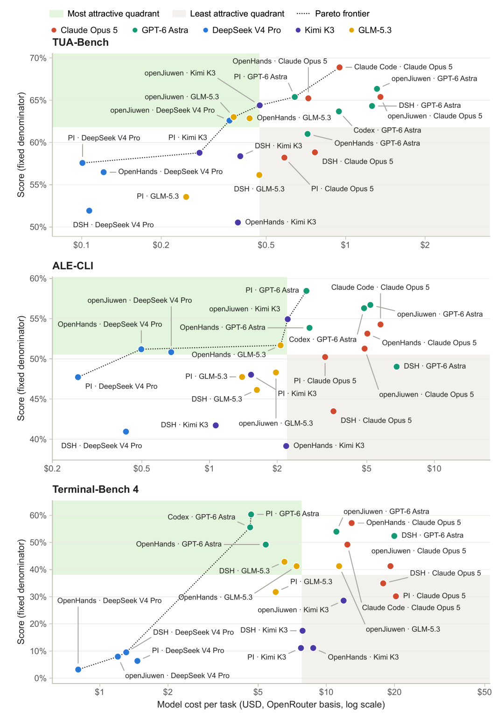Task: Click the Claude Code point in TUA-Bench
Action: [339, 67]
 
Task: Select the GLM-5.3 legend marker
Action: [351, 30]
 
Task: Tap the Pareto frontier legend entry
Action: [333, 14]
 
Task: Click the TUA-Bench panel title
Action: [80, 42]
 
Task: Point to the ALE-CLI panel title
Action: [73, 265]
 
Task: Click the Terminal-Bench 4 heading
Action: [95, 489]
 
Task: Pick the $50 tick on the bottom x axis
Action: [484, 692]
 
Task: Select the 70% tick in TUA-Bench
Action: [38, 58]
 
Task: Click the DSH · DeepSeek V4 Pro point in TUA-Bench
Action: [89, 211]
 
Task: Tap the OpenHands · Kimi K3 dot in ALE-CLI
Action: [286, 446]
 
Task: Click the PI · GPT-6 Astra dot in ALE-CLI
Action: [306, 291]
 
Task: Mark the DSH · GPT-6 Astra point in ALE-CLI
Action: [396, 367]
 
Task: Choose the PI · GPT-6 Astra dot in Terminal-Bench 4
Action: [251, 514]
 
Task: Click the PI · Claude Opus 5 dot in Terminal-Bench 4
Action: [395, 596]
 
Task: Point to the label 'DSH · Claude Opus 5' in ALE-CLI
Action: [376, 420]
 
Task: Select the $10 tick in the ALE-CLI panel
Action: [434, 468]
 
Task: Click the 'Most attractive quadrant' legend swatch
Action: [56, 14]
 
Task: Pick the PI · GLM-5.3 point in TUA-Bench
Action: [186, 197]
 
